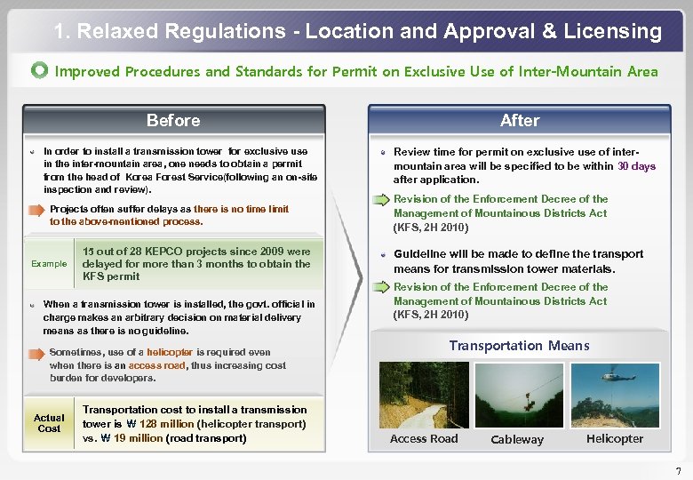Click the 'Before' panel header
(173, 120)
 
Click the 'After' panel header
(519, 120)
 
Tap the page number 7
(678, 470)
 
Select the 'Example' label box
(49, 264)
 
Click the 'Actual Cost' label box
(49, 423)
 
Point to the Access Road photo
(423, 393)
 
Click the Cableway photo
(518, 393)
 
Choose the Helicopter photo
(614, 393)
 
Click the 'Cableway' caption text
(517, 439)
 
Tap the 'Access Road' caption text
(424, 438)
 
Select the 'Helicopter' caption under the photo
(614, 438)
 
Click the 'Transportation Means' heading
(519, 346)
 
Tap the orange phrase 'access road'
(157, 365)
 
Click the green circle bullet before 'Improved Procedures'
(40, 71)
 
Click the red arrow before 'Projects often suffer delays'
(36, 210)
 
